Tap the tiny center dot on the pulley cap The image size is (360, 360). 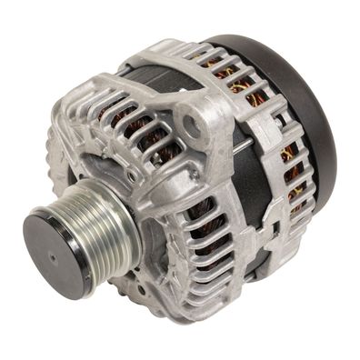[x=53, y=257]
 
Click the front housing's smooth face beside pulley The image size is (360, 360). [x=150, y=209]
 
